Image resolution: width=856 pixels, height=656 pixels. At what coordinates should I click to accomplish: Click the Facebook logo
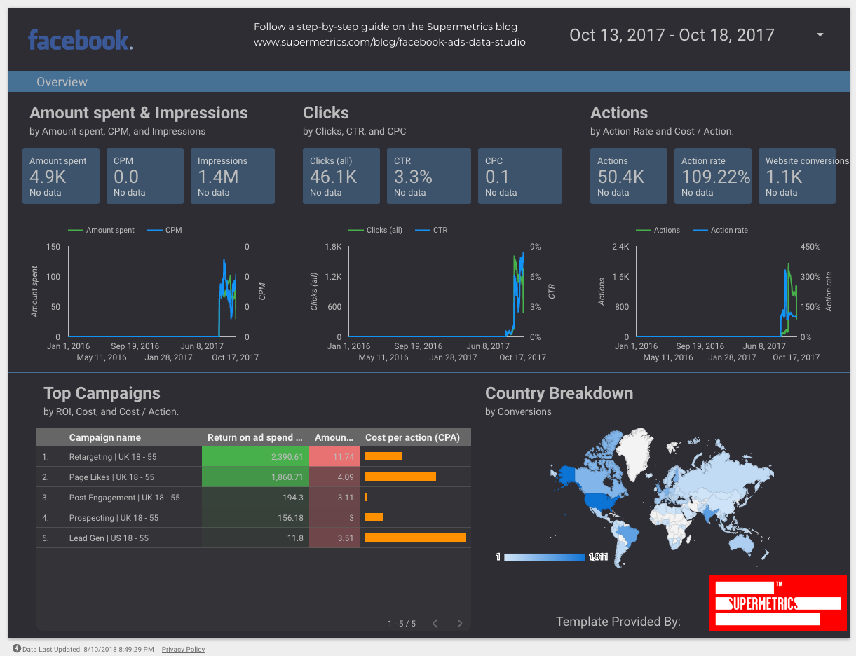[80, 40]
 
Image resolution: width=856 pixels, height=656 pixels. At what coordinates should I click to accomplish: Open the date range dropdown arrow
[820, 35]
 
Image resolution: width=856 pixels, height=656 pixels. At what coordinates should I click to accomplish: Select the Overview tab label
[62, 82]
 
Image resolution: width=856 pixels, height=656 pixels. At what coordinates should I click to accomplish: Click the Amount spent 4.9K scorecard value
[48, 177]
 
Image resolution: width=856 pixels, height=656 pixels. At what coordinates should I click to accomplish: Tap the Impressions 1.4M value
[218, 177]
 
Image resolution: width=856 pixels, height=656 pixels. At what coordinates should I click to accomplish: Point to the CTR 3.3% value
[412, 177]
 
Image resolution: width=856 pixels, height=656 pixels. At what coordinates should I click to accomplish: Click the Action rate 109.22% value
[715, 177]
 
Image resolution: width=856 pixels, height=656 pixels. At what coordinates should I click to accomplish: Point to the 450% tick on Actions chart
[810, 247]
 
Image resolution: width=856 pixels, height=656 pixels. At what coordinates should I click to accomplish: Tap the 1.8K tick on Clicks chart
[332, 247]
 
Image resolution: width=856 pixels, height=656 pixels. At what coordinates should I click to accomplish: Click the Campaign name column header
[104, 437]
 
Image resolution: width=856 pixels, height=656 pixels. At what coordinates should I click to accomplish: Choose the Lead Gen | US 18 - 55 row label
[109, 538]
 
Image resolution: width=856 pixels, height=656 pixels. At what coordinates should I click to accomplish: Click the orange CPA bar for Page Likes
[400, 477]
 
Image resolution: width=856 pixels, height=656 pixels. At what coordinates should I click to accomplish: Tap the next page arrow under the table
[460, 623]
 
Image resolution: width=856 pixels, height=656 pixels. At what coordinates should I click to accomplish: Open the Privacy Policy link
[183, 650]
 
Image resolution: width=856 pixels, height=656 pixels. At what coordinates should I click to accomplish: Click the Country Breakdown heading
[559, 393]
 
